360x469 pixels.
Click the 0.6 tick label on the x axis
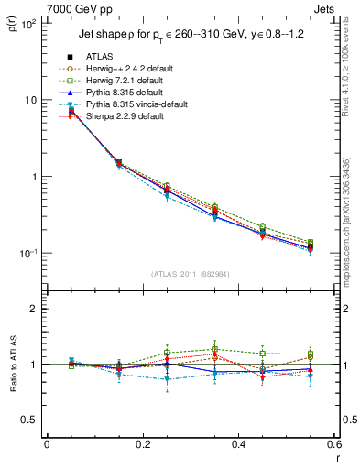tap(334, 444)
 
